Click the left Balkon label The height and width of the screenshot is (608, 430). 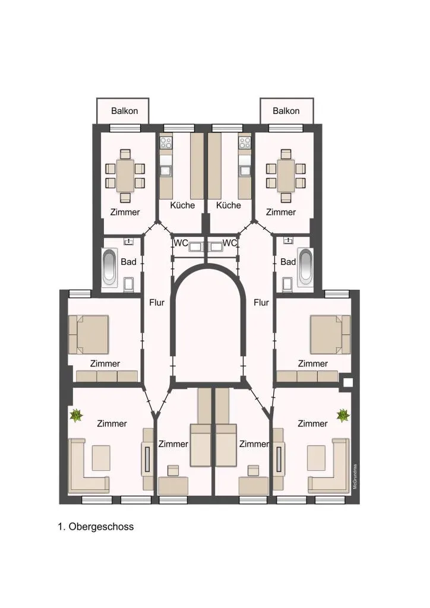point(125,111)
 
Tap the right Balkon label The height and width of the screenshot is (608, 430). point(286,111)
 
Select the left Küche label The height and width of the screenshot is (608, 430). point(182,205)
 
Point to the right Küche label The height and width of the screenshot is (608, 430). point(229,205)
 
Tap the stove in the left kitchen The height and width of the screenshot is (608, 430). point(166,142)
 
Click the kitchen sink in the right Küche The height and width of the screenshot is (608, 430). point(245,170)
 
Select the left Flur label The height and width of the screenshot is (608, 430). point(157,302)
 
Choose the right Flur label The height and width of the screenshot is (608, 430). point(261,302)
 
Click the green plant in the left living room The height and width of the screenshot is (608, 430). point(77,416)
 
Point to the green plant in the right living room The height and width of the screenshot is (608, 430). point(343,416)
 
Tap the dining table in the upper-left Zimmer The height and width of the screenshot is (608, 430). point(125,176)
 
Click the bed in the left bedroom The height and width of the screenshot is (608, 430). point(88,334)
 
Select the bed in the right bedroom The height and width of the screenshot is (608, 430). point(330,334)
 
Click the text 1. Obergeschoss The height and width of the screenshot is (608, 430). point(96,527)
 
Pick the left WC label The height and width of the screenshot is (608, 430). point(181,243)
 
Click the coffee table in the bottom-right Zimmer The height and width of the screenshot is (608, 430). point(316,458)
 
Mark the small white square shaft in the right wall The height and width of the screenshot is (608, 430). point(348,382)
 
